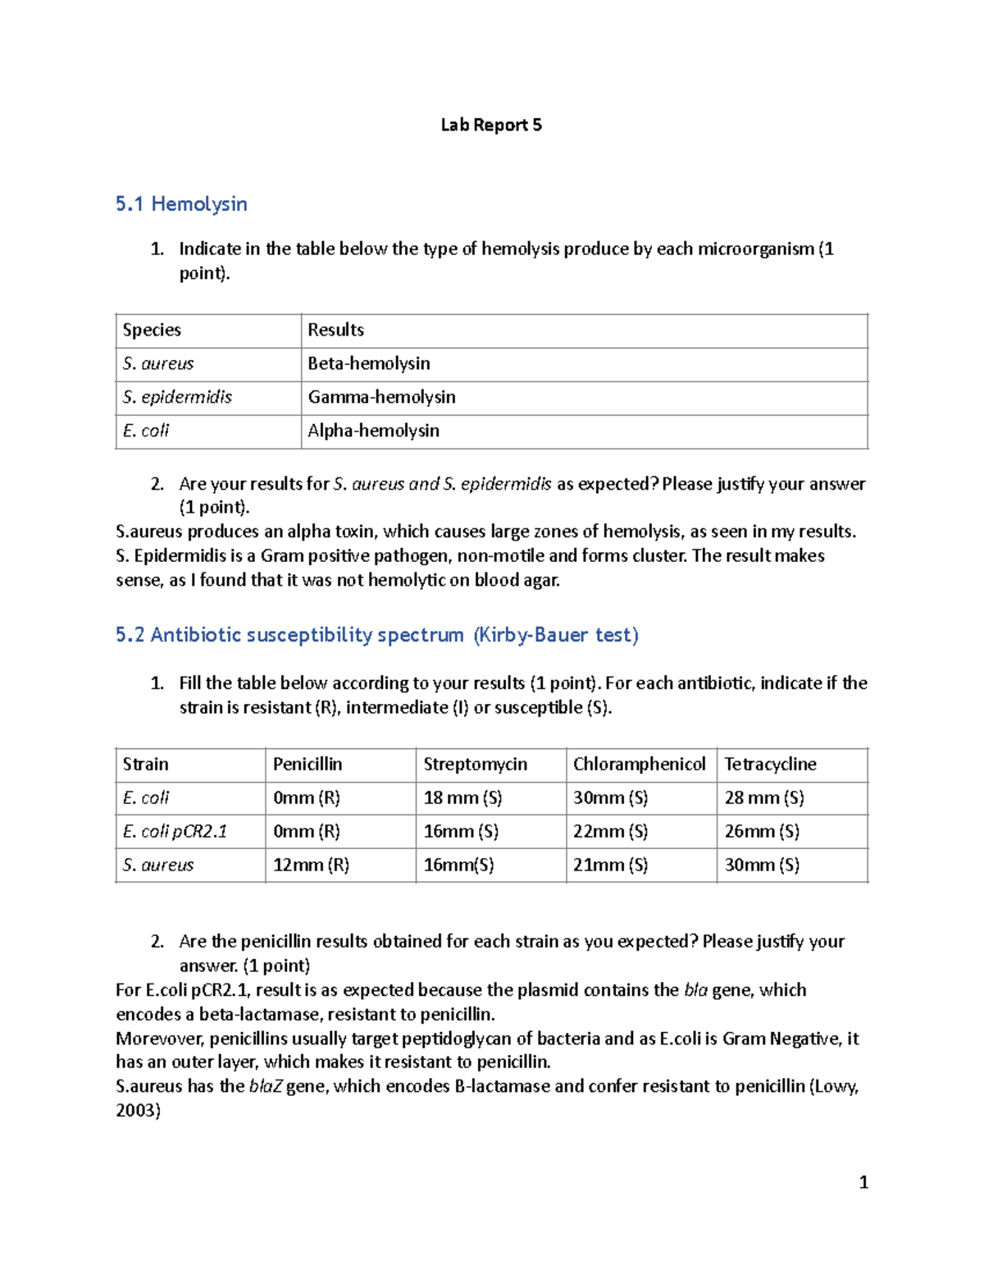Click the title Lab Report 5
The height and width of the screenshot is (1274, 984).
(x=491, y=125)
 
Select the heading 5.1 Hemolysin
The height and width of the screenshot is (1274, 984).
(x=181, y=203)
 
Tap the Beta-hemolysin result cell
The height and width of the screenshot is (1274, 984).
(x=369, y=363)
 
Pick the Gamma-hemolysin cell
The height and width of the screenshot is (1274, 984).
(x=381, y=397)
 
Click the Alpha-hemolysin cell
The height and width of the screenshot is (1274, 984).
(x=373, y=431)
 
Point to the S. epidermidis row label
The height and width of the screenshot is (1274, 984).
(x=177, y=397)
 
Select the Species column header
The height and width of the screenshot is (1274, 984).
(x=152, y=330)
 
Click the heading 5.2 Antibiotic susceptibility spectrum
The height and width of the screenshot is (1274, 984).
(x=376, y=634)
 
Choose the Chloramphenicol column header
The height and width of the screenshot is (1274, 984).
(x=639, y=764)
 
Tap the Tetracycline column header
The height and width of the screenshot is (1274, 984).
(x=770, y=764)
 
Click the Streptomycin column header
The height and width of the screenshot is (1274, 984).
(x=475, y=764)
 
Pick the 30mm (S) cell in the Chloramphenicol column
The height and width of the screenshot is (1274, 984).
(x=610, y=797)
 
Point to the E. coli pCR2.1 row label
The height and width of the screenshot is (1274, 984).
(x=175, y=831)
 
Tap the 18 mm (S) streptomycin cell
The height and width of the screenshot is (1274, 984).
(x=462, y=797)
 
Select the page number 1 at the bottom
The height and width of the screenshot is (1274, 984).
(x=863, y=1182)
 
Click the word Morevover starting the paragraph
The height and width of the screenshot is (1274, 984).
(x=160, y=1039)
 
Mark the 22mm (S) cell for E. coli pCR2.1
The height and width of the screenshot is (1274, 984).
(x=610, y=831)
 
